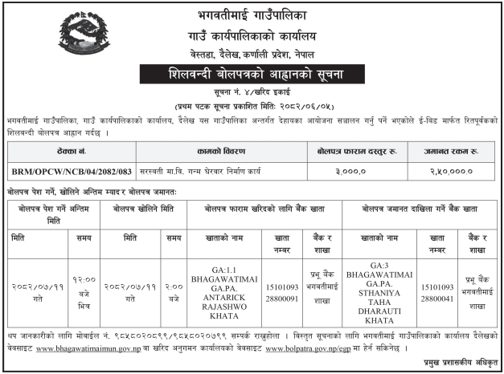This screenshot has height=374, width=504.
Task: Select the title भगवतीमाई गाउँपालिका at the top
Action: (252, 15)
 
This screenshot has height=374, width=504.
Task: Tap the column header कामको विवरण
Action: (221, 150)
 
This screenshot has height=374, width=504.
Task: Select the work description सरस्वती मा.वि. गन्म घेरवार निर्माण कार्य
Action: (221, 170)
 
